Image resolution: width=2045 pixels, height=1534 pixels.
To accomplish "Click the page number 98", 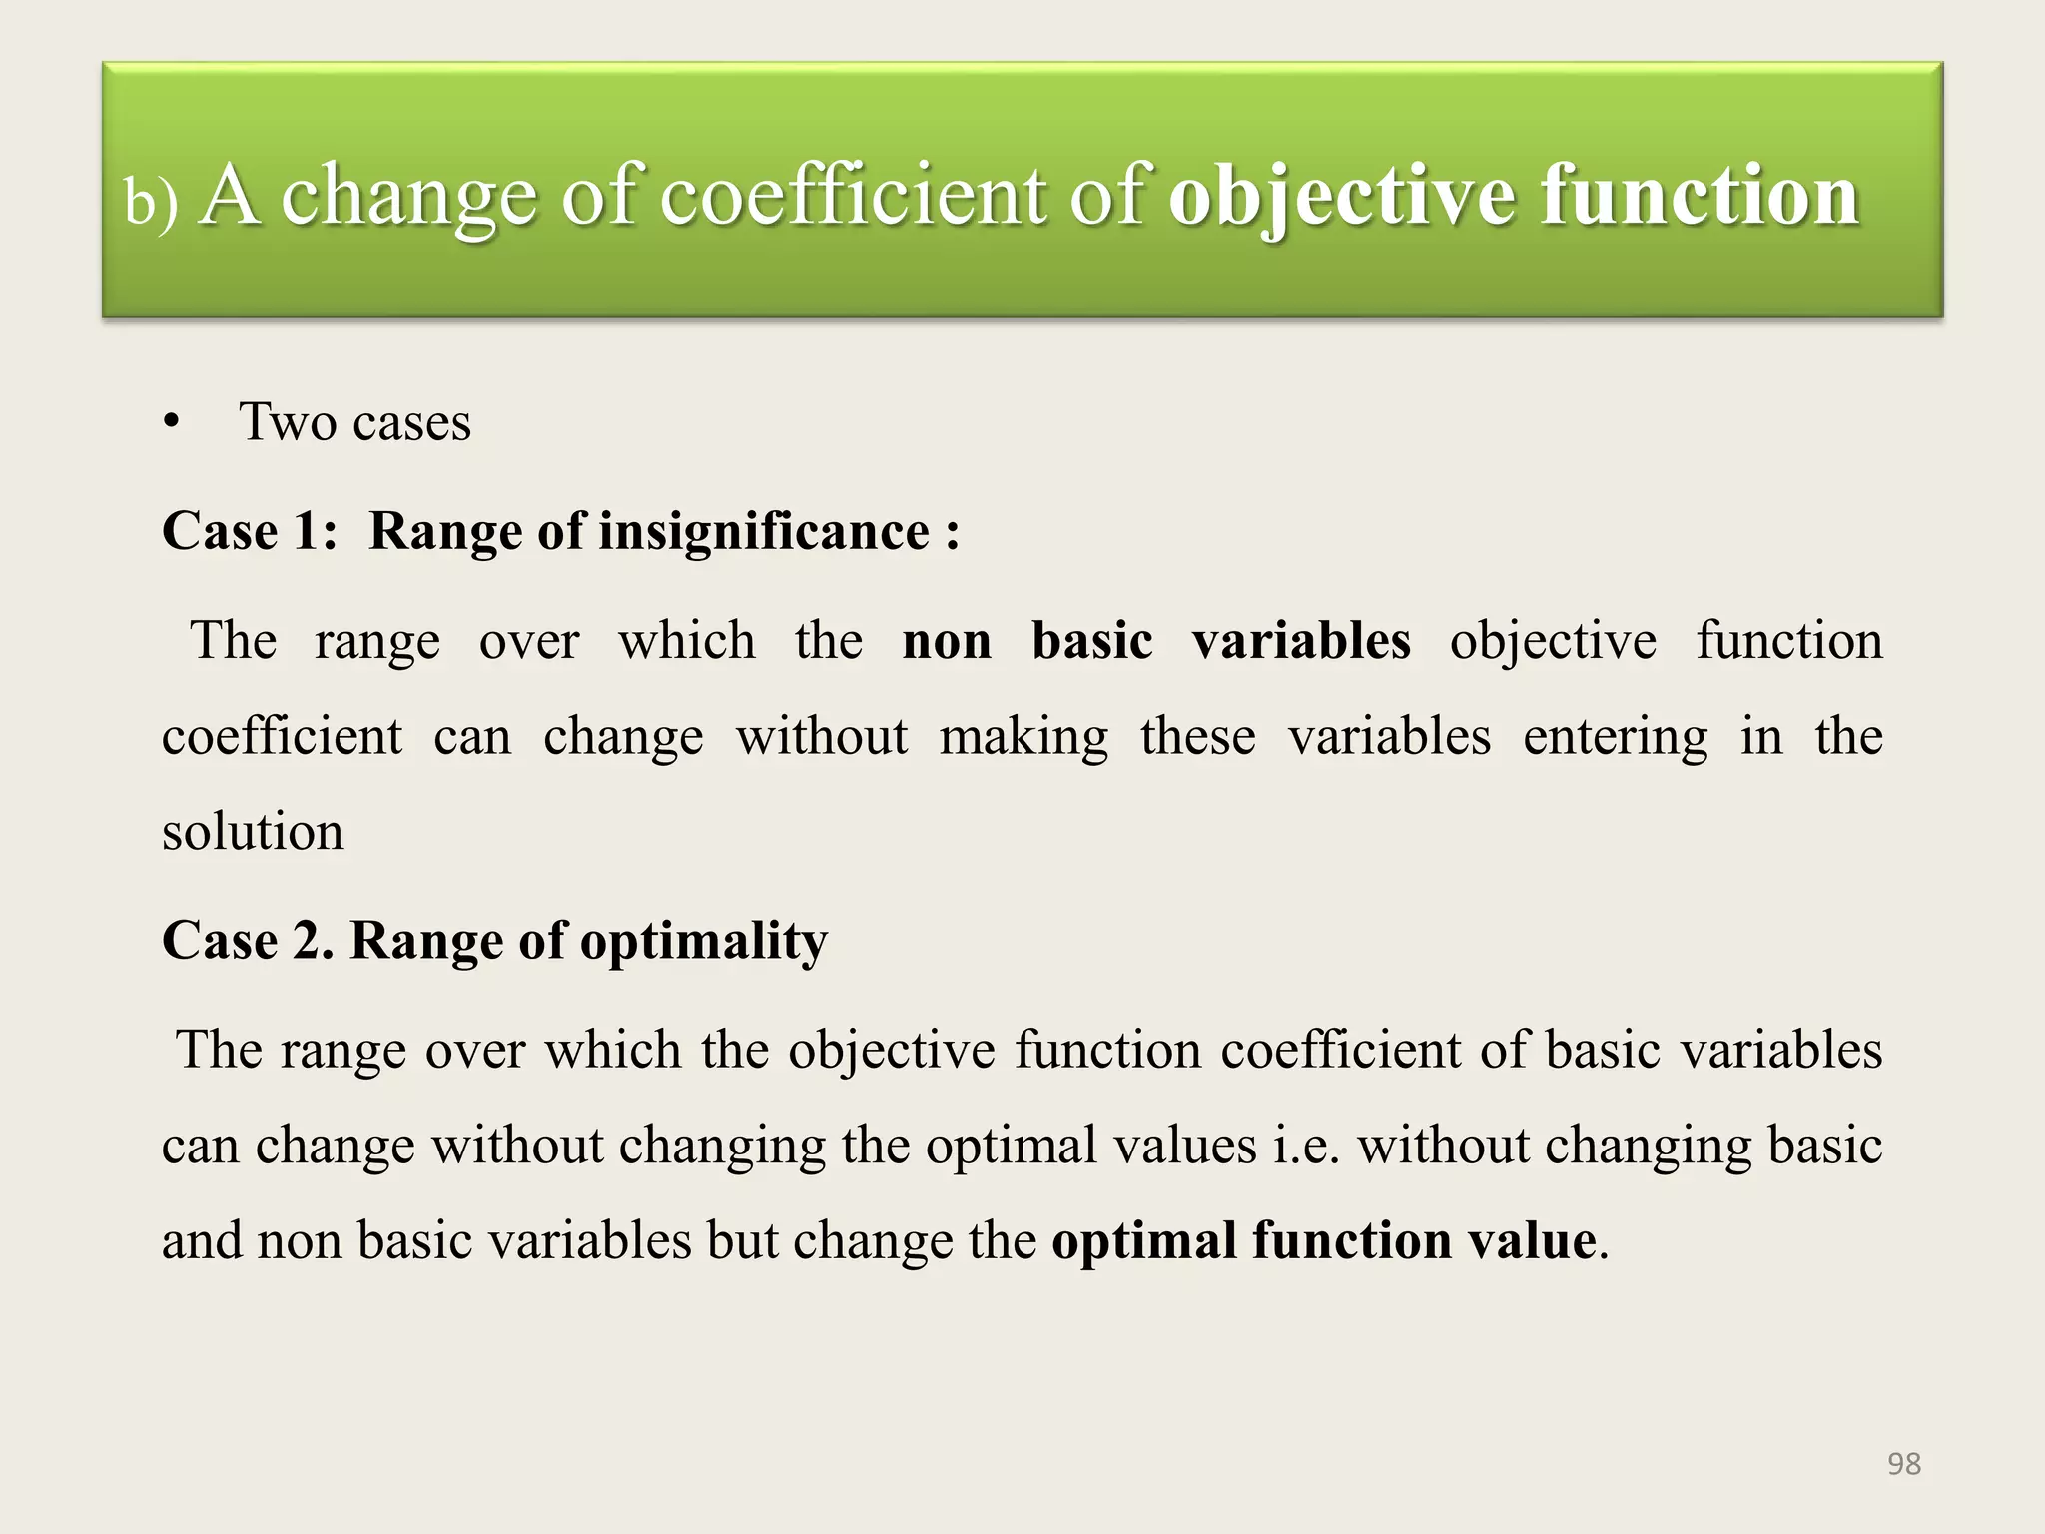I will [x=1904, y=1464].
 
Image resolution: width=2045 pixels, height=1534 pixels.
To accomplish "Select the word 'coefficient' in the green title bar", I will [x=854, y=196].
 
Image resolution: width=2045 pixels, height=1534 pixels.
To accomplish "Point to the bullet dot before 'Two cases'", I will [x=172, y=423].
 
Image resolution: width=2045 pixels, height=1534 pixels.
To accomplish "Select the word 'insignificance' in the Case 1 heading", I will [x=764, y=530].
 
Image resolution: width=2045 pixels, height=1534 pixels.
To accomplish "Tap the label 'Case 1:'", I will [x=250, y=530].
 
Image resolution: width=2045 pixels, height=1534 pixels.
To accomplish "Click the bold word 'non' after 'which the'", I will [x=947, y=640].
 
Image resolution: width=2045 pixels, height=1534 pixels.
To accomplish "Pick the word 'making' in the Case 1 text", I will [x=1023, y=737].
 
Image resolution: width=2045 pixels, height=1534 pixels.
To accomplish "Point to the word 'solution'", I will [x=253, y=832].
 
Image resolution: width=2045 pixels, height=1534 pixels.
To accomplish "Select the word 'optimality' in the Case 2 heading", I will [x=704, y=941].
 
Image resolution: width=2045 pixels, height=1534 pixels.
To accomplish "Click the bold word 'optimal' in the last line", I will [x=1144, y=1241].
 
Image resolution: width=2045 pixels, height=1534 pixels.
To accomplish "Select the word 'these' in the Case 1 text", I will [x=1198, y=737].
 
